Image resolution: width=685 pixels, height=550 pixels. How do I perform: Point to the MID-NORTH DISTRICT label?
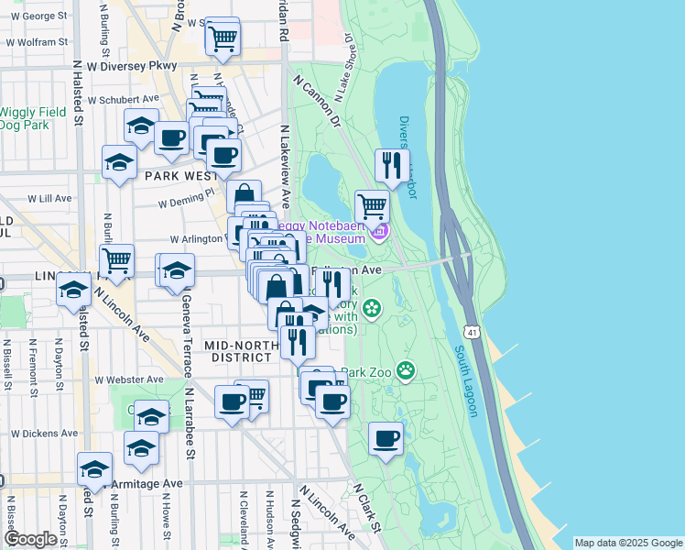pyautogui.click(x=241, y=351)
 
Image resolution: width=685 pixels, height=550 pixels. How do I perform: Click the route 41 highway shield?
pyautogui.click(x=470, y=327)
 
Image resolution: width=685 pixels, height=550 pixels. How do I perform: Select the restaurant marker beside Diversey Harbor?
pyautogui.click(x=392, y=166)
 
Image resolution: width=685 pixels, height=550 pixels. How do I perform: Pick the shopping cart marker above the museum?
pyautogui.click(x=372, y=206)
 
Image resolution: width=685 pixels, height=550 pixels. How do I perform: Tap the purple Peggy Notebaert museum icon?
pyautogui.click(x=380, y=230)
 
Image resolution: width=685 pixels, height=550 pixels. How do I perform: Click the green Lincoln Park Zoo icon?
pyautogui.click(x=405, y=371)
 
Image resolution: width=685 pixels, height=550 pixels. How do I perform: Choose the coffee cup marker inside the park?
pyautogui.click(x=386, y=438)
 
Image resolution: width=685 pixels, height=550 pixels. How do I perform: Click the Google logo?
pyautogui.click(x=30, y=538)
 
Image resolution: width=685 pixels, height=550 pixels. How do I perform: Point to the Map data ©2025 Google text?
pyautogui.click(x=628, y=543)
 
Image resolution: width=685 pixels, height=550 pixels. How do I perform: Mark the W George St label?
pyautogui.click(x=43, y=16)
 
